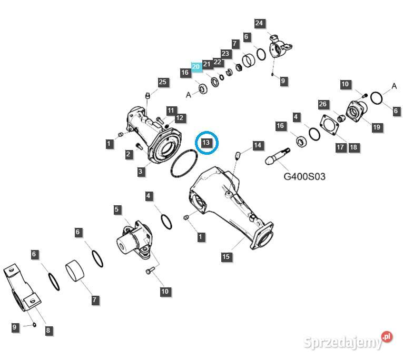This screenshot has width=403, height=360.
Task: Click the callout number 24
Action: (x=259, y=23)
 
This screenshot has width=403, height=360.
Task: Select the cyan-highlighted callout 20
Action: (x=196, y=67)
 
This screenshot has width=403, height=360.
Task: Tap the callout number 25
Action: (x=163, y=82)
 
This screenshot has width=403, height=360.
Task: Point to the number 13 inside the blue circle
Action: (x=206, y=143)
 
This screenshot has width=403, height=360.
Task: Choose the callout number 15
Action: (x=226, y=256)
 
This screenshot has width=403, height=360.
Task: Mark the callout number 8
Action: (x=48, y=331)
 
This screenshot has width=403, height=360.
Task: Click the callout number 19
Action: (x=377, y=127)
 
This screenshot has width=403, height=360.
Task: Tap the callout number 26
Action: (x=323, y=104)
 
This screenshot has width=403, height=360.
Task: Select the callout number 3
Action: (x=141, y=171)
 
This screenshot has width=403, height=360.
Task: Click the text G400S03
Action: (x=304, y=176)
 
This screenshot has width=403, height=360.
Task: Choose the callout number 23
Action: (x=225, y=53)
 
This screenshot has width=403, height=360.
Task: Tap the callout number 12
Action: (x=180, y=117)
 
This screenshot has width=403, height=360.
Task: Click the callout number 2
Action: (x=129, y=154)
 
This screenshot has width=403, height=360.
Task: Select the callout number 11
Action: (x=171, y=111)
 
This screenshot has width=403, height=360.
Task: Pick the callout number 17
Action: (x=341, y=147)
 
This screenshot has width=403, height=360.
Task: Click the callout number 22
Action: (x=217, y=62)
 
